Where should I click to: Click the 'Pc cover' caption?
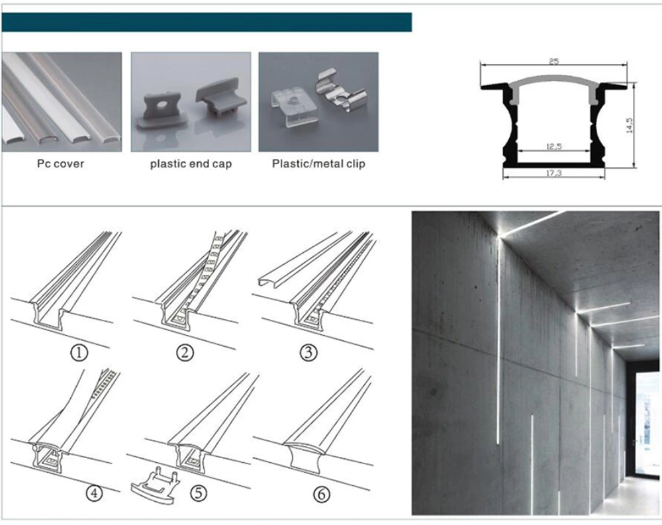pyautogui.click(x=60, y=163)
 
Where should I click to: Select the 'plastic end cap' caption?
pyautogui.click(x=191, y=163)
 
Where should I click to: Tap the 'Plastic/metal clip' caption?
pyautogui.click(x=318, y=163)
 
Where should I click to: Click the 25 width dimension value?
pyautogui.click(x=553, y=62)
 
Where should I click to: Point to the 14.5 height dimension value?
pyautogui.click(x=630, y=125)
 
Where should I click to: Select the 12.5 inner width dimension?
pyautogui.click(x=553, y=147)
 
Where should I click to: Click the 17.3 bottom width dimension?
pyautogui.click(x=553, y=172)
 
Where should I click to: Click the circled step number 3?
pyautogui.click(x=308, y=352)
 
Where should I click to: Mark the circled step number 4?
pyautogui.click(x=95, y=493)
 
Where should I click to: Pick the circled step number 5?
pyautogui.click(x=197, y=493)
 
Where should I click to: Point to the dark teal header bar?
pyautogui.click(x=207, y=22)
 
